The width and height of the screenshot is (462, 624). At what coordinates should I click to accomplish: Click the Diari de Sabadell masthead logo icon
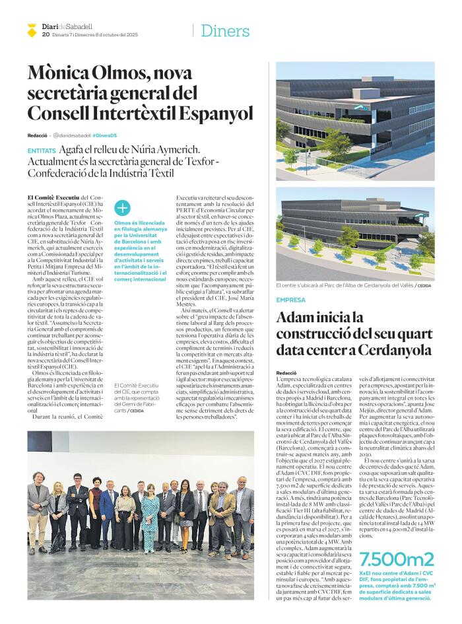click(x=32, y=30)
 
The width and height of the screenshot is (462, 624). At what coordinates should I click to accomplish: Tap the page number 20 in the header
click(x=46, y=34)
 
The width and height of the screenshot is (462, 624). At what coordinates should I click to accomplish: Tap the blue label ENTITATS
click(x=42, y=151)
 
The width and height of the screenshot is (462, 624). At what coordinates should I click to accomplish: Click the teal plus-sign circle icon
click(x=123, y=208)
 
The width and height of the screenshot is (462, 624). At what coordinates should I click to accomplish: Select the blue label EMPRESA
click(x=291, y=300)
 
